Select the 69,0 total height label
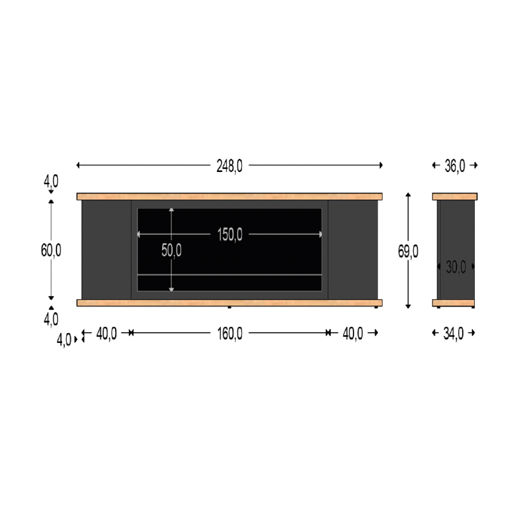click(x=408, y=251)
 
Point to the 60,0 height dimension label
click(x=51, y=250)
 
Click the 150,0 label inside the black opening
click(x=230, y=235)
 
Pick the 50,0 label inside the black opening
click(x=171, y=251)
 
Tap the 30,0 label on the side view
click(x=456, y=267)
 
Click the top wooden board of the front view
click(x=229, y=196)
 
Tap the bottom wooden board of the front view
click(x=229, y=303)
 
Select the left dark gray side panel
click(x=106, y=249)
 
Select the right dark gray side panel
click(x=353, y=249)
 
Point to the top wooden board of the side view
click(x=454, y=196)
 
